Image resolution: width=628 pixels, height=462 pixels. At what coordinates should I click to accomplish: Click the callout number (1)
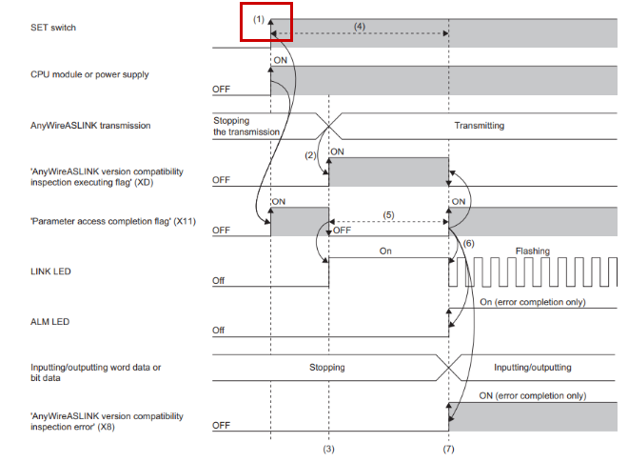pos(258,18)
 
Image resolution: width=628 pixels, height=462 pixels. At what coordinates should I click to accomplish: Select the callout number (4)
pos(359,26)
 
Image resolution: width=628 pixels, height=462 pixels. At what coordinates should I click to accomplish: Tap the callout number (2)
pos(310,153)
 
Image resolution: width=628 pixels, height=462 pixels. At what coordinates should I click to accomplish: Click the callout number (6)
pos(468,244)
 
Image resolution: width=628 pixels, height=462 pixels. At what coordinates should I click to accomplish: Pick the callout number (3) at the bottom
pos(328,447)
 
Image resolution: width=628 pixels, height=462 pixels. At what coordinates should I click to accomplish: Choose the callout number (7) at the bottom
pos(448,447)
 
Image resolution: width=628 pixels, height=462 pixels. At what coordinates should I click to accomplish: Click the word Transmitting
pos(479,125)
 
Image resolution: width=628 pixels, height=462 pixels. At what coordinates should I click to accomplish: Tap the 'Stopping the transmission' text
pos(246,126)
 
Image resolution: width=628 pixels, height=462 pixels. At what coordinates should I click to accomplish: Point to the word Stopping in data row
pos(328,366)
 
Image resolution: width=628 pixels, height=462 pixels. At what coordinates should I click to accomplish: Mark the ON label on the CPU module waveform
pos(281,59)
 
